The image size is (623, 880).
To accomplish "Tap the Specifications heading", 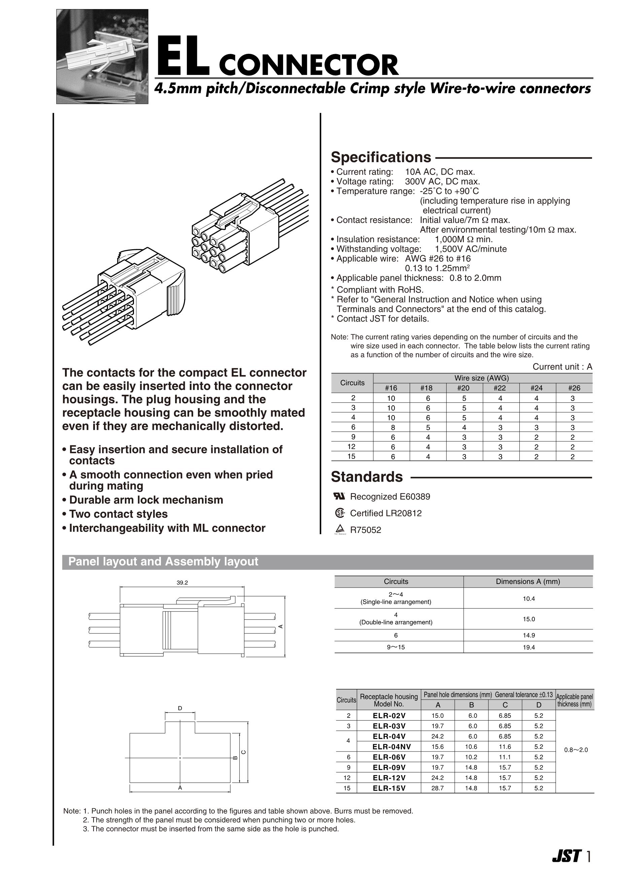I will pos(381,157).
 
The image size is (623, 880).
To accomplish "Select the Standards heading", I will pos(367,477).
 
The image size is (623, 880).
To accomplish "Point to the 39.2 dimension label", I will pos(182,583).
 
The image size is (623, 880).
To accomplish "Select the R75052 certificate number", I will pos(366,530).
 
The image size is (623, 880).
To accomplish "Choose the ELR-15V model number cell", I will pos(389,796).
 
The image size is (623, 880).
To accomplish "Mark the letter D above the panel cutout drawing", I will pos(180,708).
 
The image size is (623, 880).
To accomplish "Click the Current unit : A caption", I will pos(562,367).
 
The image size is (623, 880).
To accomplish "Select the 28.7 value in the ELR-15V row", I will pos(437,796).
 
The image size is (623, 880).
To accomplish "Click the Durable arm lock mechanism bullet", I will pos(146,500).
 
